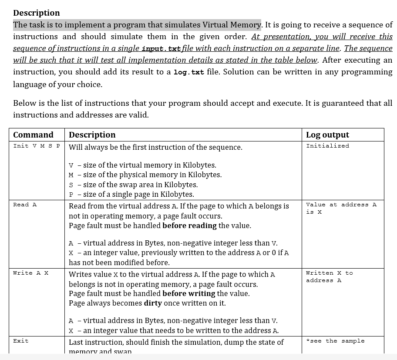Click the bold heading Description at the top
coord(37,13)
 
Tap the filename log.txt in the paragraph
coord(188,72)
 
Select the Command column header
coord(33,135)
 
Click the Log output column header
coord(327,135)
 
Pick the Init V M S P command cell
coord(37,146)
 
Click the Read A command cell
coord(25,205)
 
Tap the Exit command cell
coord(21,341)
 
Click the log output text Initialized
coord(327,146)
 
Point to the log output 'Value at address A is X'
coord(341,208)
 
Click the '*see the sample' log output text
coord(335,341)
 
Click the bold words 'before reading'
coord(189,225)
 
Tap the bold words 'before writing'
coord(188,293)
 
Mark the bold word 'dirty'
coord(153,303)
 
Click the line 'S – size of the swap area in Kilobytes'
coord(133,185)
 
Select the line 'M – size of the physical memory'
coord(145,175)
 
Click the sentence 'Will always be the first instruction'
coord(155,147)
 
